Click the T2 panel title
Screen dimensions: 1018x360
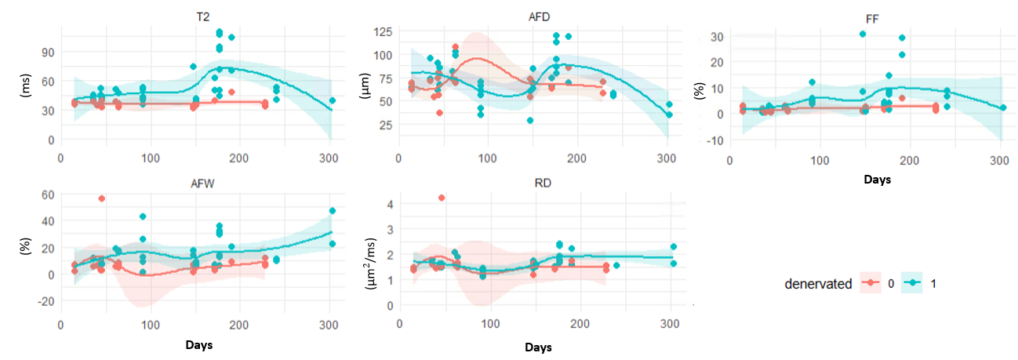click(x=202, y=17)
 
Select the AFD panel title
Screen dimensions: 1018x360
click(x=539, y=17)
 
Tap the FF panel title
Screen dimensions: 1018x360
click(x=872, y=19)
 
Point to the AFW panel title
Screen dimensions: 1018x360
click(x=202, y=184)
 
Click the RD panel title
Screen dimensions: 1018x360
click(x=543, y=184)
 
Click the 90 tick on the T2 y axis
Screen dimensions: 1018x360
click(x=48, y=53)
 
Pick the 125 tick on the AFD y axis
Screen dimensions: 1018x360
click(x=383, y=32)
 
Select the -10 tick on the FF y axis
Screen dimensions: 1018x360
click(x=715, y=141)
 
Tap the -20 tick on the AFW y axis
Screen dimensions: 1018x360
click(x=45, y=301)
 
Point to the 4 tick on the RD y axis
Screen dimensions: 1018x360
click(x=390, y=205)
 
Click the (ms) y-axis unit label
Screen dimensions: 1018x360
click(x=26, y=85)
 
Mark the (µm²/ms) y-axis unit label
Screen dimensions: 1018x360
click(x=371, y=264)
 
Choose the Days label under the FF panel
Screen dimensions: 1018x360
click(x=877, y=180)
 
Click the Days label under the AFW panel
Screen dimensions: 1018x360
click(x=199, y=345)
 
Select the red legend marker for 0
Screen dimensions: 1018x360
click(x=871, y=282)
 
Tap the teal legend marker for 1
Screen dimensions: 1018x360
click(x=911, y=282)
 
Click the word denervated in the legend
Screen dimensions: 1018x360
click(x=818, y=284)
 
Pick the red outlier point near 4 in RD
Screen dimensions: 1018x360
click(x=442, y=198)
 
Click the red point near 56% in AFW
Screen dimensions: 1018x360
click(x=102, y=198)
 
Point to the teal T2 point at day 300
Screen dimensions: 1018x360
click(x=333, y=100)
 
